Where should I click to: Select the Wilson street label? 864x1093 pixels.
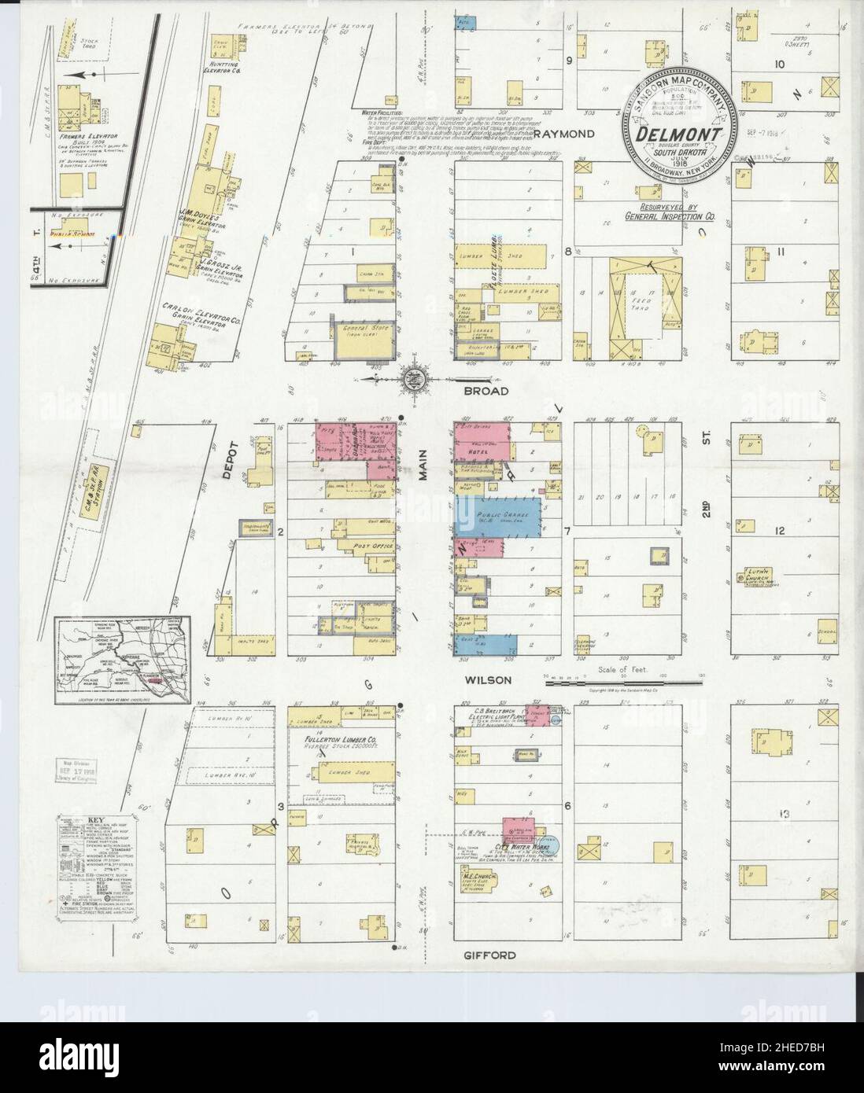pos(488,680)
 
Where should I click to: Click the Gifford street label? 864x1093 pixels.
pos(494,955)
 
